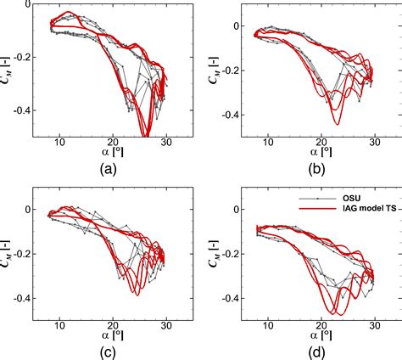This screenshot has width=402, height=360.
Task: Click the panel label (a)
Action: [108, 168]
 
